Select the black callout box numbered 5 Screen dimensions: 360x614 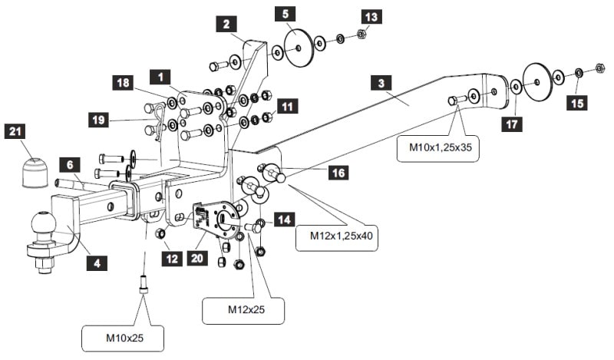286,13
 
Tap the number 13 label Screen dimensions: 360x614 371,16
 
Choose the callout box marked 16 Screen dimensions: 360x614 338,173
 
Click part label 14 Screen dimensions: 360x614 285,220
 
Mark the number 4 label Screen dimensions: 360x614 97,263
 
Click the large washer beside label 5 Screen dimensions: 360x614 297,48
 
